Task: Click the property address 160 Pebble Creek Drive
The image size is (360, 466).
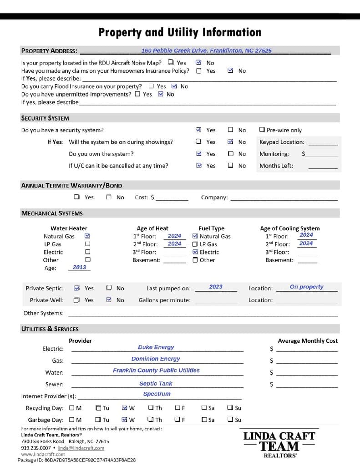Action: tap(206, 51)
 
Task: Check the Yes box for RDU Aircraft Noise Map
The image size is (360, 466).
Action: tap(171, 62)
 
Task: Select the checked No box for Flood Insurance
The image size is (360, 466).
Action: tap(175, 86)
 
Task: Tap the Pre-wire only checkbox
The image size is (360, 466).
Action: tap(262, 130)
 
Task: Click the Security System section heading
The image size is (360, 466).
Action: tap(45, 118)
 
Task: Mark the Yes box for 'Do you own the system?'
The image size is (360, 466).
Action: tap(199, 154)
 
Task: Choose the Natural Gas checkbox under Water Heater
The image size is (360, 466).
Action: tap(88, 236)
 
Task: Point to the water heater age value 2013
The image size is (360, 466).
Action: tap(80, 267)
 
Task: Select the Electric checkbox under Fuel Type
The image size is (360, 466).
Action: tap(195, 252)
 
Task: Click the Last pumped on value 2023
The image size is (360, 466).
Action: tap(216, 287)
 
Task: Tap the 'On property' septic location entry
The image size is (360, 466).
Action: tap(306, 287)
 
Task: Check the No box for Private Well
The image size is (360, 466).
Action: tap(109, 300)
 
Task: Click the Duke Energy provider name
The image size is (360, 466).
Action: tap(156, 347)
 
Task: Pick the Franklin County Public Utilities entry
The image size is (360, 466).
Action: tap(156, 370)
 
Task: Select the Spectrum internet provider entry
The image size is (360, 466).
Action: tap(157, 394)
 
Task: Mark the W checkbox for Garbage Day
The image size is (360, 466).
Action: tap(125, 420)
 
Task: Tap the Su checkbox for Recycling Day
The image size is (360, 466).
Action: tap(231, 408)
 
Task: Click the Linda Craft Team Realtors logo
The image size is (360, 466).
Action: tap(279, 444)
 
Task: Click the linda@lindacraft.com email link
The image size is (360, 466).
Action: tap(81, 448)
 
